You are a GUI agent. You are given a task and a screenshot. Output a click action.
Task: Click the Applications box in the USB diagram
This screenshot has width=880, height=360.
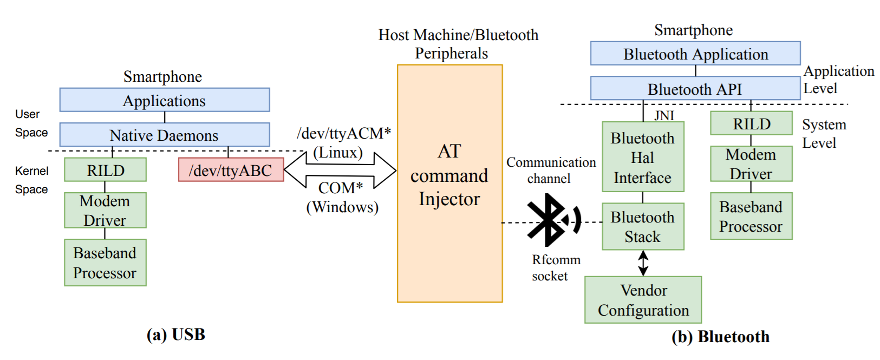164,100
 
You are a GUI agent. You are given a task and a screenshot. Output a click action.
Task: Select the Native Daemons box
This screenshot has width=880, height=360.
164,135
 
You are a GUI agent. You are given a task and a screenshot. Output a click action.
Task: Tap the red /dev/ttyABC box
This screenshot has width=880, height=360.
231,170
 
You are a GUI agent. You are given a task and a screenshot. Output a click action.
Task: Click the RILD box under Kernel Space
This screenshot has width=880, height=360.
105,170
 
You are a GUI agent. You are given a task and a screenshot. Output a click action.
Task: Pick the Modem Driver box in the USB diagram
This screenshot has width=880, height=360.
105,210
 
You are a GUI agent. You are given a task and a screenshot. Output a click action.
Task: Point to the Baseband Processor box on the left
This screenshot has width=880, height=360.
105,263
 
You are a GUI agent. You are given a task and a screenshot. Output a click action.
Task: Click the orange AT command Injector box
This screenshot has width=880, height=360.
449,183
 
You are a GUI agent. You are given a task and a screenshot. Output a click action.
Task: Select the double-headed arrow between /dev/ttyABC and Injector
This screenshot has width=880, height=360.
340,170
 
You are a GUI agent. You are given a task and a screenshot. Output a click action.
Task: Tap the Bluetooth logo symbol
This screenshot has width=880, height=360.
549,220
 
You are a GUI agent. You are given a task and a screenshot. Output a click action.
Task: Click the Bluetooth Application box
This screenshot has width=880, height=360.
695,54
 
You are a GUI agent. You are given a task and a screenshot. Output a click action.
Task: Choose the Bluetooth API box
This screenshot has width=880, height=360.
695,88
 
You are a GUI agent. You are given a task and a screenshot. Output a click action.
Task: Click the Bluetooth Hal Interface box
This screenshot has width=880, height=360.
643,157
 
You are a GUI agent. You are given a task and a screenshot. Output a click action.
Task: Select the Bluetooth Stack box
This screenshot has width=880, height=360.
643,226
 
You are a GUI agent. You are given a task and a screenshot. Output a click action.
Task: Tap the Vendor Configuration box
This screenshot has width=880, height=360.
643,300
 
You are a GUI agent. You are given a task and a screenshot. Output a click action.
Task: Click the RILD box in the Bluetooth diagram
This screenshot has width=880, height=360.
751,123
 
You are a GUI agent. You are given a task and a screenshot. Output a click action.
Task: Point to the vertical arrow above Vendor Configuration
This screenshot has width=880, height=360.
643,263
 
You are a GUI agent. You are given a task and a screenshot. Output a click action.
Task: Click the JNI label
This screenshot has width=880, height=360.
664,115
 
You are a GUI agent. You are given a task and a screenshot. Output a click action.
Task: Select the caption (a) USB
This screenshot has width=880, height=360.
176,335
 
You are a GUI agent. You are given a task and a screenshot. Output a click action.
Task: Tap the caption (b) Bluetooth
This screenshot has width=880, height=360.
720,337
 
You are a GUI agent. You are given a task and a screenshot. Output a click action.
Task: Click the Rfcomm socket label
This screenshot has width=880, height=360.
556,267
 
